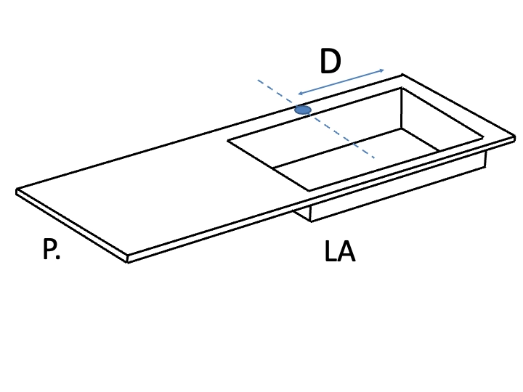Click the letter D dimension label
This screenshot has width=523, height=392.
click(331, 61)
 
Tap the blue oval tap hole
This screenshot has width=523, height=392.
click(303, 110)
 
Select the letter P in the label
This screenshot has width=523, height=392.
click(49, 249)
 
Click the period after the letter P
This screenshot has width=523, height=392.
click(58, 257)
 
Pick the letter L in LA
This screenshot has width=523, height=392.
click(331, 251)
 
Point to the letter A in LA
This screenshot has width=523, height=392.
click(346, 251)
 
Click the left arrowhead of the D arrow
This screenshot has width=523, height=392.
click(300, 94)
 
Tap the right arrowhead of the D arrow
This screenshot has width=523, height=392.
click(381, 70)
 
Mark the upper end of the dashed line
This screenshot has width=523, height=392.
click(258, 80)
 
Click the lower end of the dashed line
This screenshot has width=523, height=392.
click(374, 157)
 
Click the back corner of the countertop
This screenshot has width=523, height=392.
click(402, 75)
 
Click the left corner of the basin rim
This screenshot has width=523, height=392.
click(228, 141)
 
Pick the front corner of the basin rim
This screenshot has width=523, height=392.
click(309, 191)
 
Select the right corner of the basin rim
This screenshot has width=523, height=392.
click(483, 137)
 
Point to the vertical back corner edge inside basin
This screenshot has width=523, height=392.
click(401, 108)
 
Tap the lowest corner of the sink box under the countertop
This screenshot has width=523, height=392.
click(311, 221)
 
